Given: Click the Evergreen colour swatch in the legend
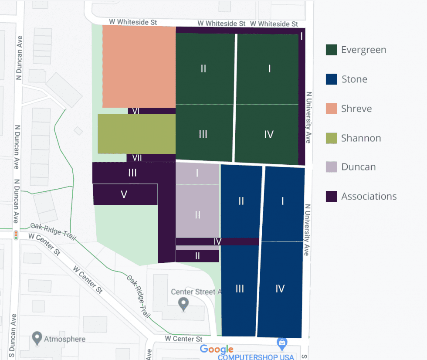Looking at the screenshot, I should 331,50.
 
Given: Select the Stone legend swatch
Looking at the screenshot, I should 331,79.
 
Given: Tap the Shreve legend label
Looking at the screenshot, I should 356,109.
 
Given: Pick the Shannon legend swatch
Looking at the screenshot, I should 331,138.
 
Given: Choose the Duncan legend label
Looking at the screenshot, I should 358,167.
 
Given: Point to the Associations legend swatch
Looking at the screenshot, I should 331,196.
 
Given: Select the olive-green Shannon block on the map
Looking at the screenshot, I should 136,134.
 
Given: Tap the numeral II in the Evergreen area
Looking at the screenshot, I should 203,69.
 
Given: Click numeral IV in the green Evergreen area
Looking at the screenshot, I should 268,134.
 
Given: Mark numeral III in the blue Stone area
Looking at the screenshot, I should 240,289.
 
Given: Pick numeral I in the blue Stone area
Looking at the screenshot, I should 283,201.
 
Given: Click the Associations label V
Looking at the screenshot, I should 124,194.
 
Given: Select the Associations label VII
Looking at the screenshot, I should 137,158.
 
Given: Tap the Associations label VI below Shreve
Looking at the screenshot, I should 136,111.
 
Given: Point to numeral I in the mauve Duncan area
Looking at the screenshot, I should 197,173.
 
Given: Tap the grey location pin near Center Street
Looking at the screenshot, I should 183,304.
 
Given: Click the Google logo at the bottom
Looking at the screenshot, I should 217,349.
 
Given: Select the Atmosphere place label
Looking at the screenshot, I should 64,339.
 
